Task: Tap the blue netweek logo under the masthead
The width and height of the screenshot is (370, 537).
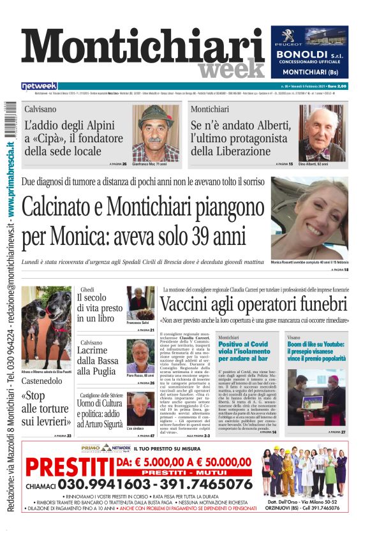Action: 39,86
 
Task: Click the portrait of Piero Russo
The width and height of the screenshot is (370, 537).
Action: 140,357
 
